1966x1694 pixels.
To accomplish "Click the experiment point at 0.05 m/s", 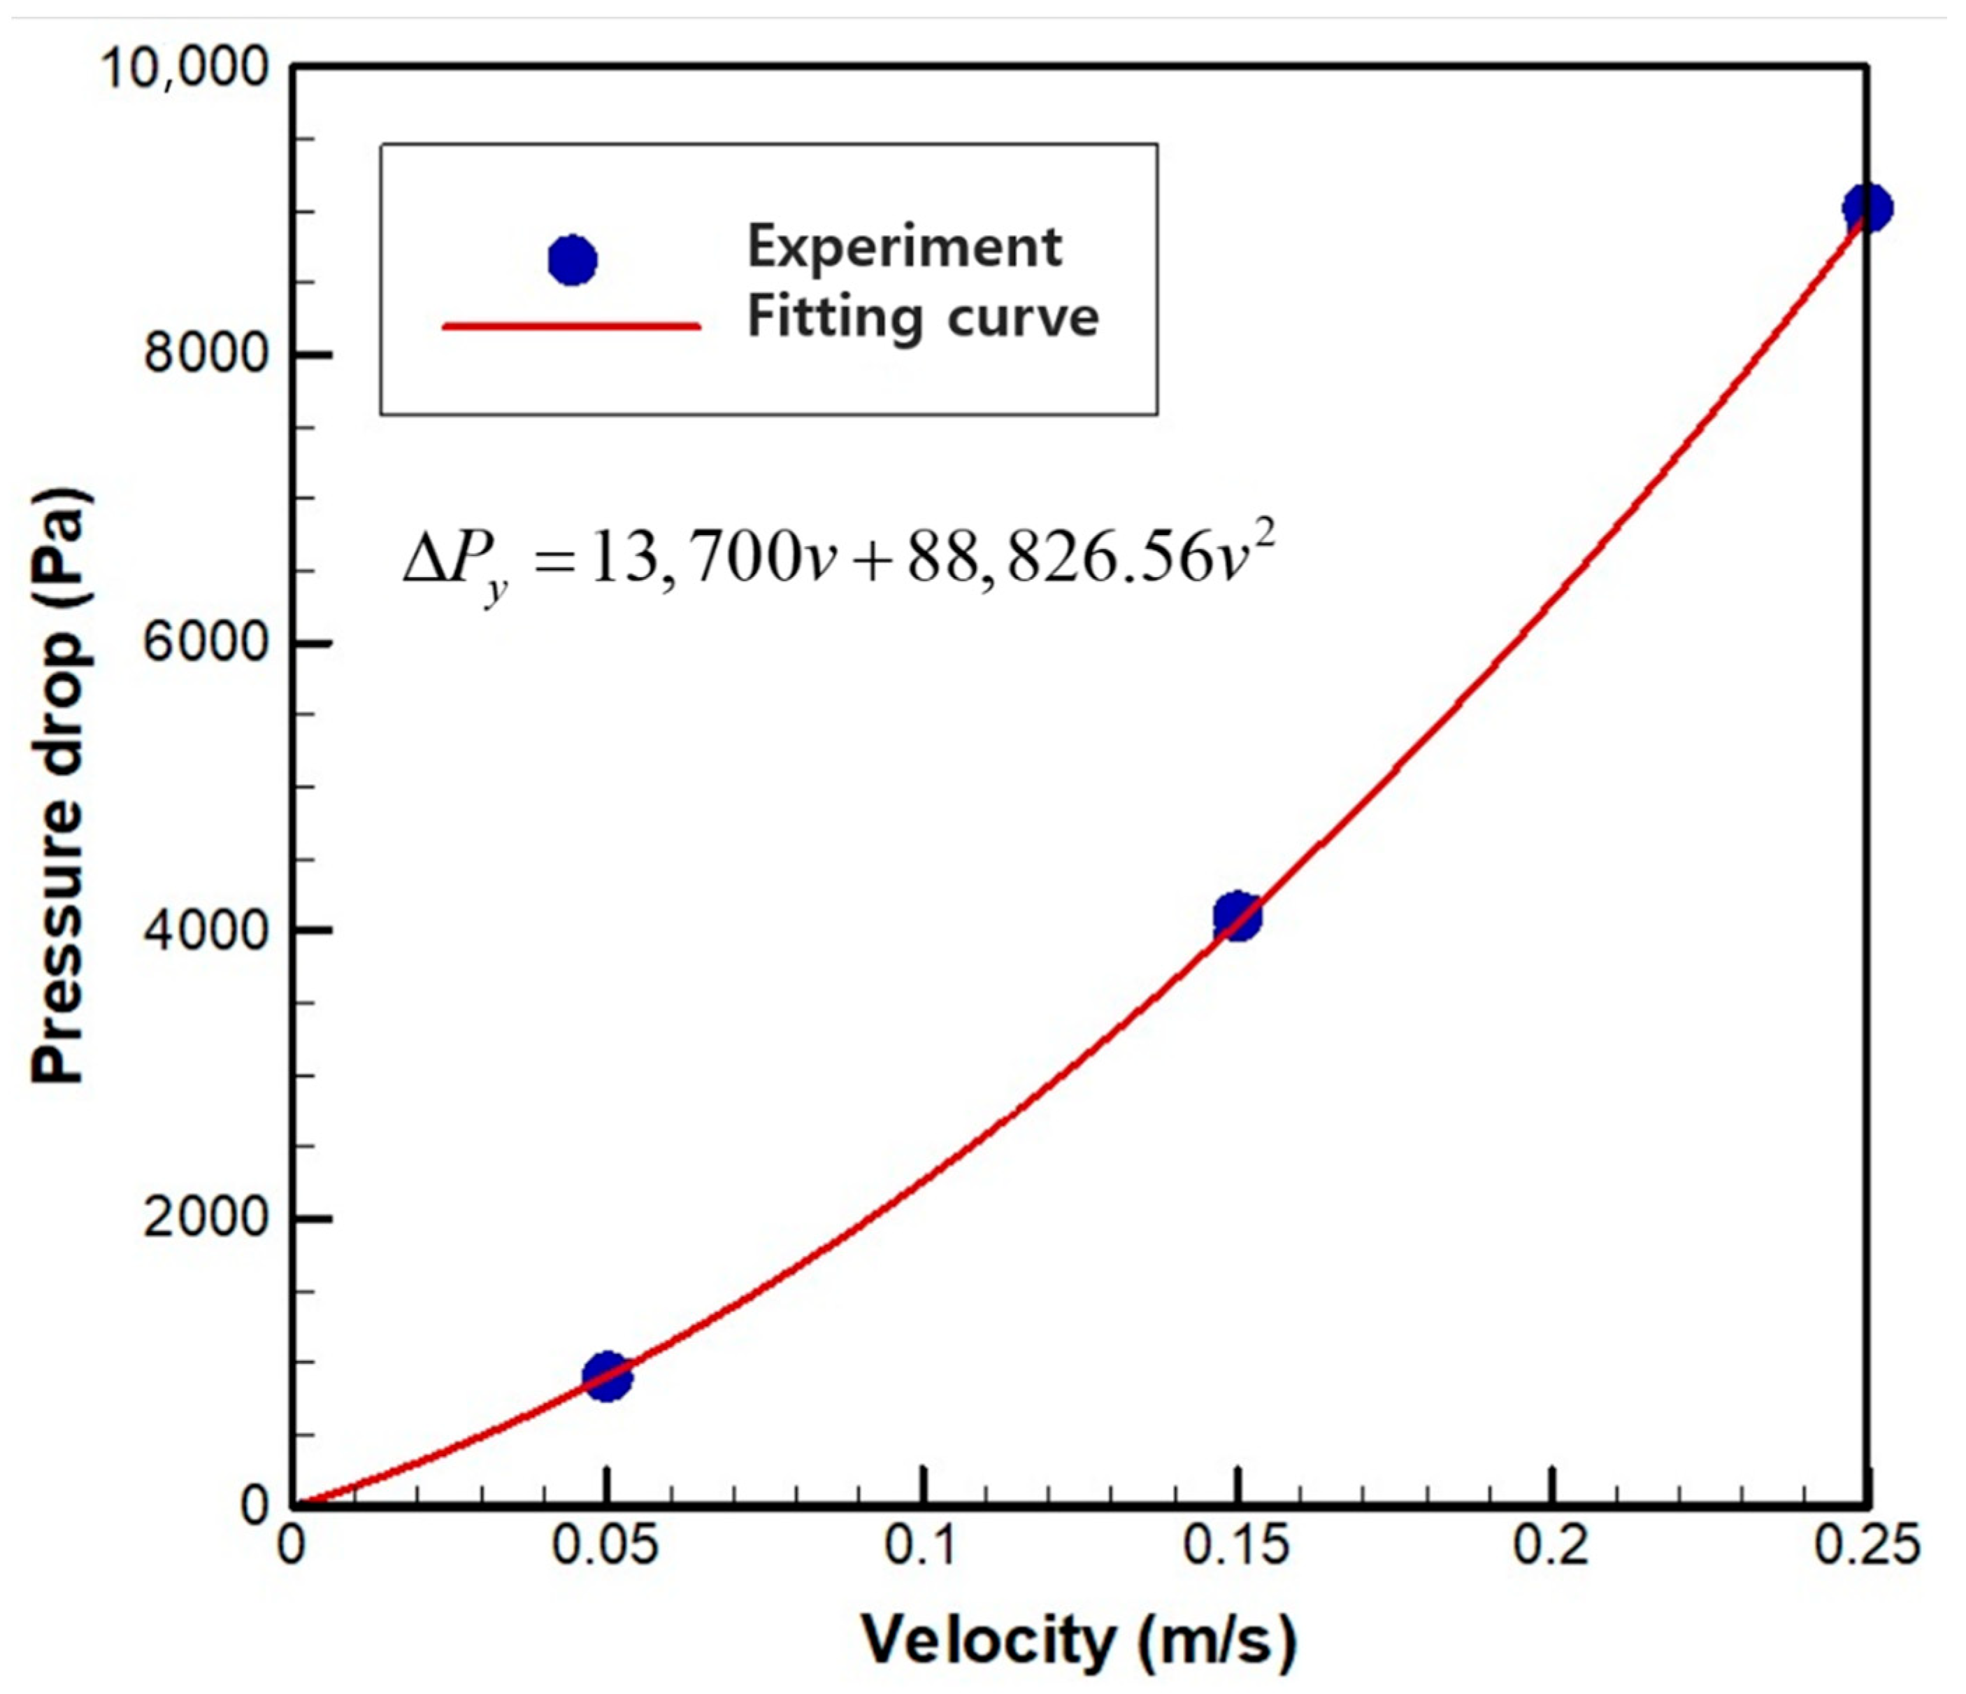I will pyautogui.click(x=608, y=1377).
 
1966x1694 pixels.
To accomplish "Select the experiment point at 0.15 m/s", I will pyautogui.click(x=1236, y=917).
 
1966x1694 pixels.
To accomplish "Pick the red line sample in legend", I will pyautogui.click(x=572, y=327).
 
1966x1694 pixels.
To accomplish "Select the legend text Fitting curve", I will pyautogui.click(x=922, y=317).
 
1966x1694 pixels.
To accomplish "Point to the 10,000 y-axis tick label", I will pyautogui.click(x=184, y=69).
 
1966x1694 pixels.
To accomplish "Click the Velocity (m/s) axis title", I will pyautogui.click(x=1079, y=1641).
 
